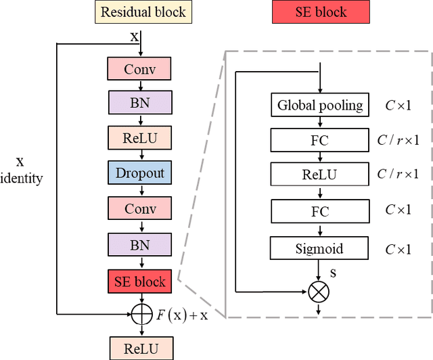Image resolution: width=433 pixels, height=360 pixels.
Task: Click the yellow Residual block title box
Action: pos(143,12)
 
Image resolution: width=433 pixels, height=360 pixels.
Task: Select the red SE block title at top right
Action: pos(321,12)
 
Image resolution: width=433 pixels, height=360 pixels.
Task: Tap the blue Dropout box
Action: pos(139,173)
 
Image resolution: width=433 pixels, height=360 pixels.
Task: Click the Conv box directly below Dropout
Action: pos(139,208)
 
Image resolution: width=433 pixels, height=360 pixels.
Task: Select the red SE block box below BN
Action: pos(139,282)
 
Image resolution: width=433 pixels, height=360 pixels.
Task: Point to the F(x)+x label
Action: pos(179,315)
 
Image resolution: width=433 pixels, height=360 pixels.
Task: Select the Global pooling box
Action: pos(320,105)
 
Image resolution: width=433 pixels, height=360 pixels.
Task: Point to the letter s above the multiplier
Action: pos(333,272)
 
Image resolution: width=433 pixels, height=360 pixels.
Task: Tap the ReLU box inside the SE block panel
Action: pos(320,174)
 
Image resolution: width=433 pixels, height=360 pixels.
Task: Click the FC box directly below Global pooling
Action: pos(320,140)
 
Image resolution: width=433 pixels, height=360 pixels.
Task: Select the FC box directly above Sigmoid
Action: pos(320,210)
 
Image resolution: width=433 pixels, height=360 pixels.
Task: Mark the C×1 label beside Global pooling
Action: pos(398,105)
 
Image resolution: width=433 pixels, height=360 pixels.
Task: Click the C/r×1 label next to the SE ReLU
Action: pos(398,175)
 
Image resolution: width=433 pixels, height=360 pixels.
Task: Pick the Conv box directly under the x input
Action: pos(139,68)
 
